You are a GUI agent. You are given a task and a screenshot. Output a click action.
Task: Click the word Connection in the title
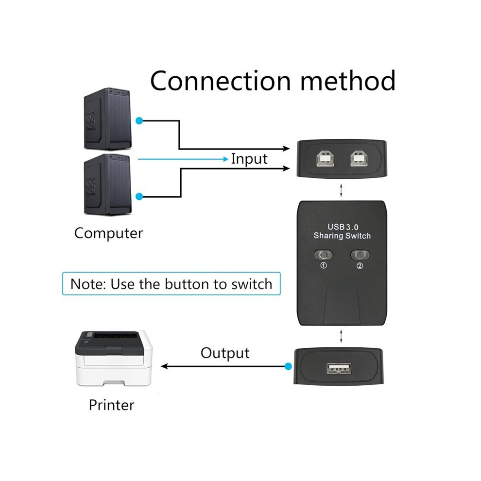pyautogui.click(x=220, y=81)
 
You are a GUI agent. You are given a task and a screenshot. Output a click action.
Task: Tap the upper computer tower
pyautogui.click(x=108, y=119)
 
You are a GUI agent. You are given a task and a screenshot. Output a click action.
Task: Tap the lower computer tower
pyautogui.click(x=108, y=185)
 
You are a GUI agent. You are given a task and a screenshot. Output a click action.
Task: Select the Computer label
pyautogui.click(x=109, y=233)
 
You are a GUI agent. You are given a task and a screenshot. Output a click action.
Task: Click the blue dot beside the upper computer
pyautogui.click(x=139, y=121)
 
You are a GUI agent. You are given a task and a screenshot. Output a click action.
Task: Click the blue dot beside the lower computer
pyautogui.click(x=139, y=196)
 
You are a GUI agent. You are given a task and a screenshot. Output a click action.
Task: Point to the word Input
pyautogui.click(x=249, y=159)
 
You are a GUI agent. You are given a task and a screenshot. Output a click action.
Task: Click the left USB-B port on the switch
pyautogui.click(x=325, y=158)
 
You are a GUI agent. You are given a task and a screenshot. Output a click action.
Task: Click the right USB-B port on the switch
pyautogui.click(x=359, y=158)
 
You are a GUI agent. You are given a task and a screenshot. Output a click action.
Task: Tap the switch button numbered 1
pyautogui.click(x=324, y=255)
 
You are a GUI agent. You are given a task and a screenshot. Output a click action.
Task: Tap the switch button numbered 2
pyautogui.click(x=360, y=255)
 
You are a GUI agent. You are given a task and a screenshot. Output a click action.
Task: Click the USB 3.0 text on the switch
pyautogui.click(x=343, y=227)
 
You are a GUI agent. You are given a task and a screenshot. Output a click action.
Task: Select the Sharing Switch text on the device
pyautogui.click(x=342, y=236)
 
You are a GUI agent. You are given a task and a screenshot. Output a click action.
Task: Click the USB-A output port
pyautogui.click(x=339, y=368)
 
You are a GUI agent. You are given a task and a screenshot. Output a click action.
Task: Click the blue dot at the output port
pyautogui.click(x=288, y=366)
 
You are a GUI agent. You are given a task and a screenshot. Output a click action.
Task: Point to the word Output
pyautogui.click(x=225, y=353)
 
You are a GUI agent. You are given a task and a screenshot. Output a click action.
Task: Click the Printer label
pyautogui.click(x=111, y=405)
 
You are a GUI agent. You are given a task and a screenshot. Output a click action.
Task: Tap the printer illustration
pyautogui.click(x=114, y=358)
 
